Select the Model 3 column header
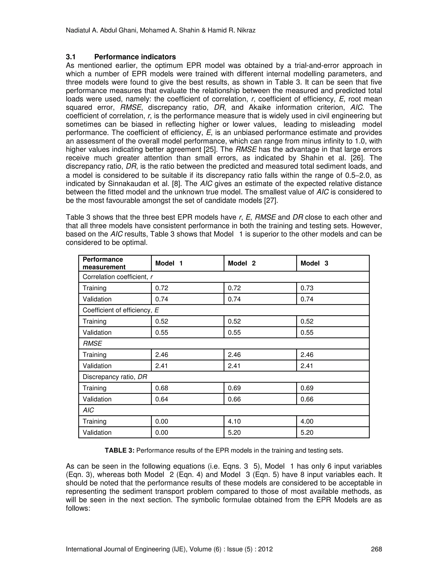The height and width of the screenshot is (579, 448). pyautogui.click(x=314, y=263)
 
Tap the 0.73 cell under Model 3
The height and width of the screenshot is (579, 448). pyautogui.click(x=307, y=288)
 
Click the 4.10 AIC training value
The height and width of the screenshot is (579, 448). pyautogui.click(x=234, y=421)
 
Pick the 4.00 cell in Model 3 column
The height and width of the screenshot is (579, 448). pyautogui.click(x=307, y=421)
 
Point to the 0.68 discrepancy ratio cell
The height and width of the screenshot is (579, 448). pyautogui.click(x=162, y=388)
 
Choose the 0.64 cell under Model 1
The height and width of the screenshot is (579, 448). pyautogui.click(x=162, y=399)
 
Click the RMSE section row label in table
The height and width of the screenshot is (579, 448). pyautogui.click(x=92, y=343)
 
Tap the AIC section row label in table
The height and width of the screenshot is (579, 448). pyautogui.click(x=88, y=410)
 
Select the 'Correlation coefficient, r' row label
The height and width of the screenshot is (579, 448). pyautogui.click(x=117, y=277)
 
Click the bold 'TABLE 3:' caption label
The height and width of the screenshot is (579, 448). pyautogui.click(x=120, y=451)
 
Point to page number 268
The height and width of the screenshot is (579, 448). pyautogui.click(x=376, y=549)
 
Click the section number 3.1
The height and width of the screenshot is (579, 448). pyautogui.click(x=71, y=57)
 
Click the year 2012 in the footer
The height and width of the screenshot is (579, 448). pyautogui.click(x=266, y=549)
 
